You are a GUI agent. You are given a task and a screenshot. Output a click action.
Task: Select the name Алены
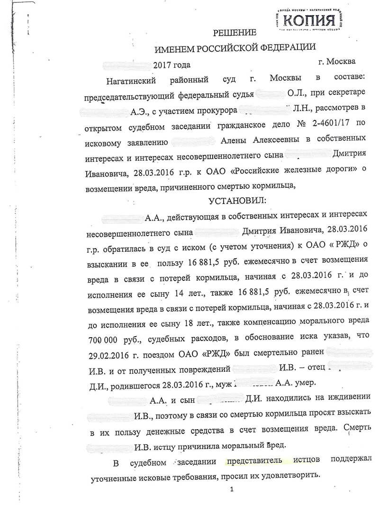click(237, 140)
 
